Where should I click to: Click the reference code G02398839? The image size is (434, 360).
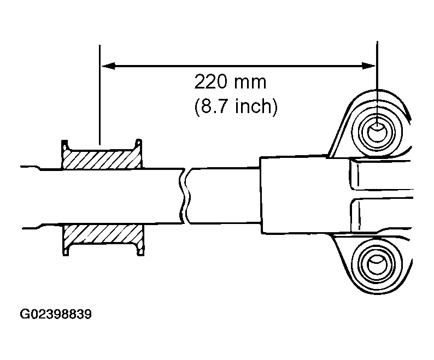pyautogui.click(x=55, y=315)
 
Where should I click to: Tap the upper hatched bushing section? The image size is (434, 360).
pyautogui.click(x=101, y=158)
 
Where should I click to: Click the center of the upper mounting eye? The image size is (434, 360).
pyautogui.click(x=377, y=131)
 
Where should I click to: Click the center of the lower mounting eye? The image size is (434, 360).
pyautogui.click(x=377, y=265)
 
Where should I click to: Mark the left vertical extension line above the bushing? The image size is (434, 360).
pyautogui.click(x=100, y=93)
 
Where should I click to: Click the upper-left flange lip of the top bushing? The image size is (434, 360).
pyautogui.click(x=64, y=144)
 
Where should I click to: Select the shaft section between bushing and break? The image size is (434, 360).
pyautogui.click(x=161, y=197)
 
